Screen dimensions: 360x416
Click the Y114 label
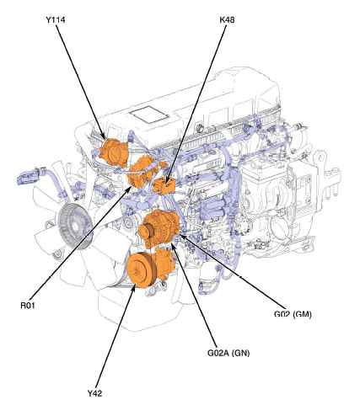click(x=56, y=20)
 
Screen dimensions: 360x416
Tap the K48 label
click(x=227, y=20)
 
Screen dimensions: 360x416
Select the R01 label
click(x=28, y=306)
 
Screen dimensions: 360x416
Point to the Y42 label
click(x=94, y=393)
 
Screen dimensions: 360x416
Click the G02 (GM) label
click(x=293, y=314)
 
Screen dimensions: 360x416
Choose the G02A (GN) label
click(x=228, y=353)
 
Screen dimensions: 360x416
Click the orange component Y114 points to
click(x=114, y=152)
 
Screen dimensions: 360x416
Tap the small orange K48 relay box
click(x=164, y=185)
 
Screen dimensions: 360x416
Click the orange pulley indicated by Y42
click(x=142, y=269)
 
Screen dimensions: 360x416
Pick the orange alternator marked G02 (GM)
click(x=158, y=229)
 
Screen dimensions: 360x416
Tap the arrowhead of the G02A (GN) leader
click(x=173, y=247)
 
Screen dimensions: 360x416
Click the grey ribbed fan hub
click(x=75, y=227)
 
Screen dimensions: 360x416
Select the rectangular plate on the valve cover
click(x=148, y=115)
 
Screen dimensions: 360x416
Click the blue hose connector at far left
click(x=31, y=175)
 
